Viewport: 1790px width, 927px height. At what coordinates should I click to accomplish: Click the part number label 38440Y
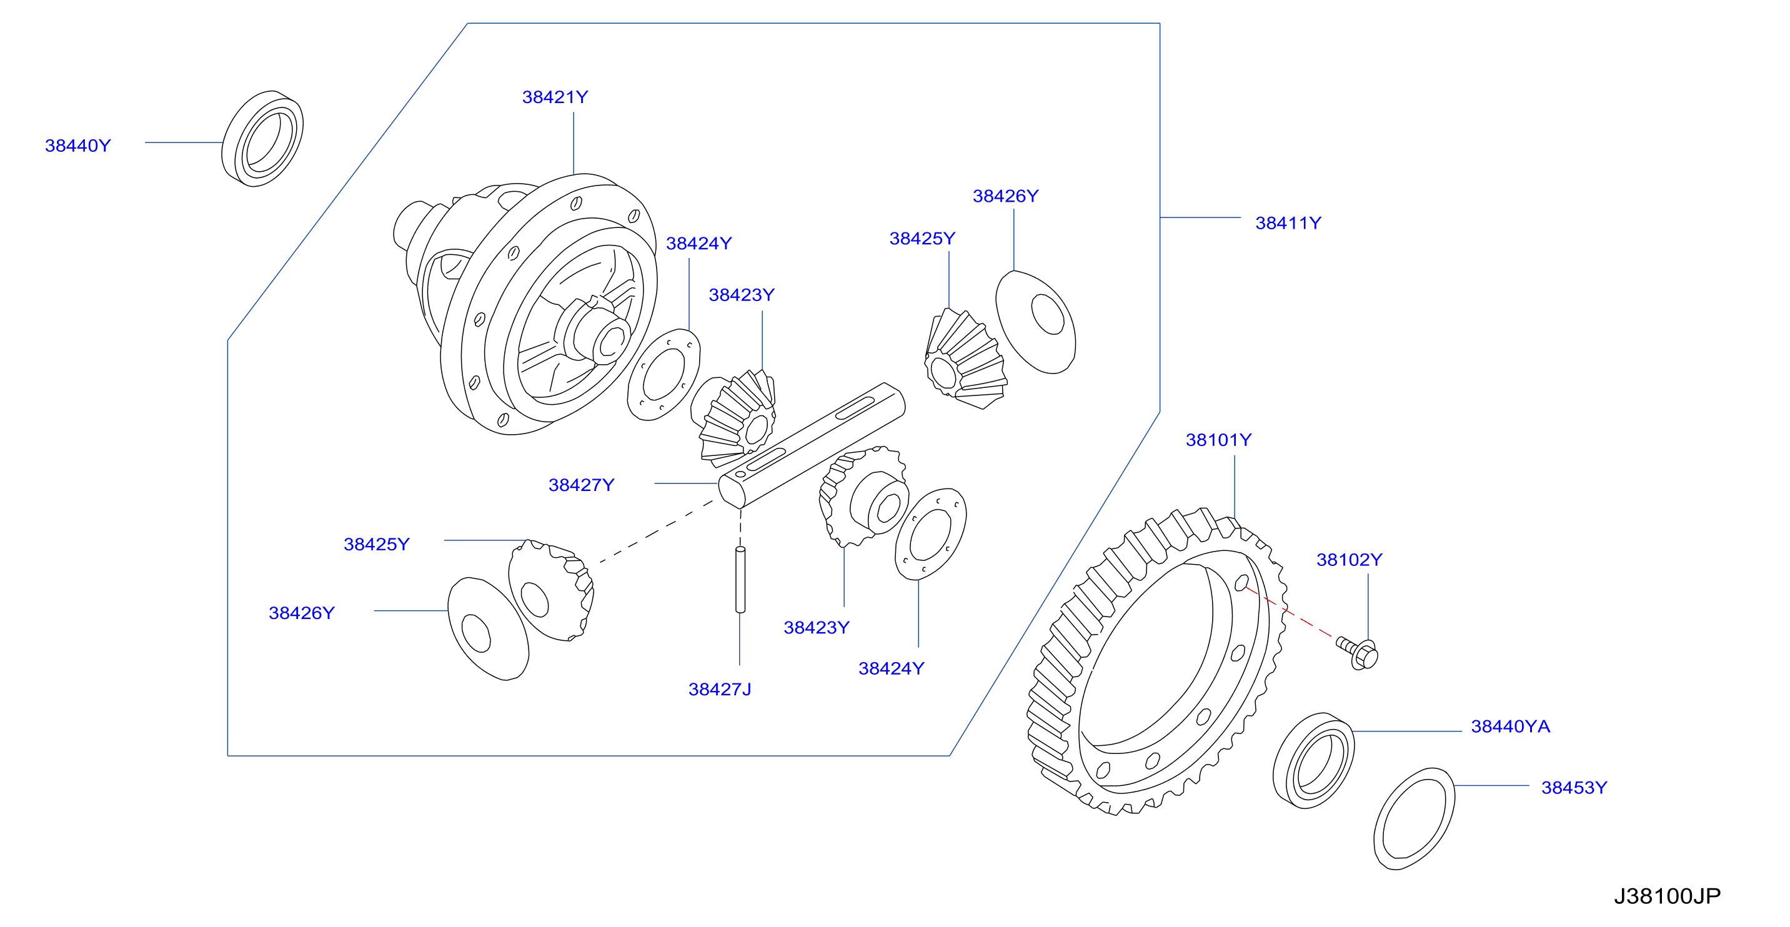78,146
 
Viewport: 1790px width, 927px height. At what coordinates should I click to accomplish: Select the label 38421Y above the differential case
555,97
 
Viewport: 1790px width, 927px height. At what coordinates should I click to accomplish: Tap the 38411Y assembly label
1288,223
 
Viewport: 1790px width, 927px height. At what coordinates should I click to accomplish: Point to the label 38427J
720,690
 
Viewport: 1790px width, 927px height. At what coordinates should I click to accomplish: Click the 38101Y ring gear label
1219,440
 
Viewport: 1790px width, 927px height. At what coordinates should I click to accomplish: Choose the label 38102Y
1350,560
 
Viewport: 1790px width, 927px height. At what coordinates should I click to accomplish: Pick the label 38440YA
1511,726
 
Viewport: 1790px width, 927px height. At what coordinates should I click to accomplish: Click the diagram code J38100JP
1667,896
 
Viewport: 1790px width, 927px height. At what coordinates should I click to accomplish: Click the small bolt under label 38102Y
1358,653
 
